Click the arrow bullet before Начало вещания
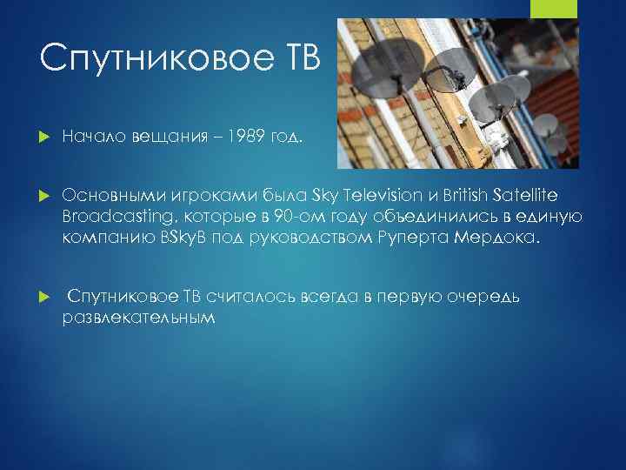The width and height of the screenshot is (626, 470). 45,136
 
